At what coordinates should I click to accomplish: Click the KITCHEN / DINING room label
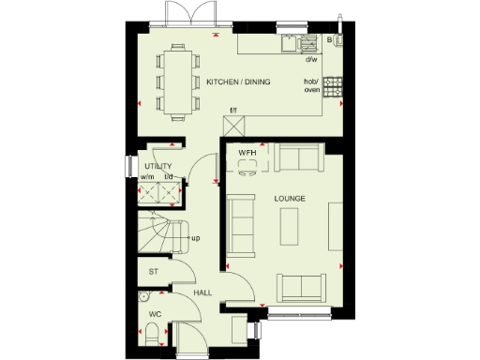pyautogui.click(x=238, y=82)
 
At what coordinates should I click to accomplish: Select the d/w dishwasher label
pyautogui.click(x=310, y=60)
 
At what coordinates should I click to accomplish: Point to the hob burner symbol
pyautogui.click(x=332, y=87)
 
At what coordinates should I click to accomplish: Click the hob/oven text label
pyautogui.click(x=310, y=86)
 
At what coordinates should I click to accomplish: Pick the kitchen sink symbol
pyautogui.click(x=307, y=42)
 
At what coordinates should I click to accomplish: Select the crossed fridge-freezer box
pyautogui.click(x=233, y=126)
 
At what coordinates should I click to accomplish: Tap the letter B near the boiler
pyautogui.click(x=329, y=40)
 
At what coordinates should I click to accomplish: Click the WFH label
pyautogui.click(x=247, y=152)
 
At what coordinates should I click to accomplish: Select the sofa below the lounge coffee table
pyautogui.click(x=300, y=287)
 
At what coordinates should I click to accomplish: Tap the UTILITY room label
pyautogui.click(x=157, y=167)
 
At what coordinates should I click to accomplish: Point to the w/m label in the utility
pyautogui.click(x=147, y=177)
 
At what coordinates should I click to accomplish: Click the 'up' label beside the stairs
pyautogui.click(x=196, y=238)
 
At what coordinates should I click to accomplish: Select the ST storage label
pyautogui.click(x=153, y=272)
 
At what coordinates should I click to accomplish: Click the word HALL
pyautogui.click(x=202, y=292)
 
